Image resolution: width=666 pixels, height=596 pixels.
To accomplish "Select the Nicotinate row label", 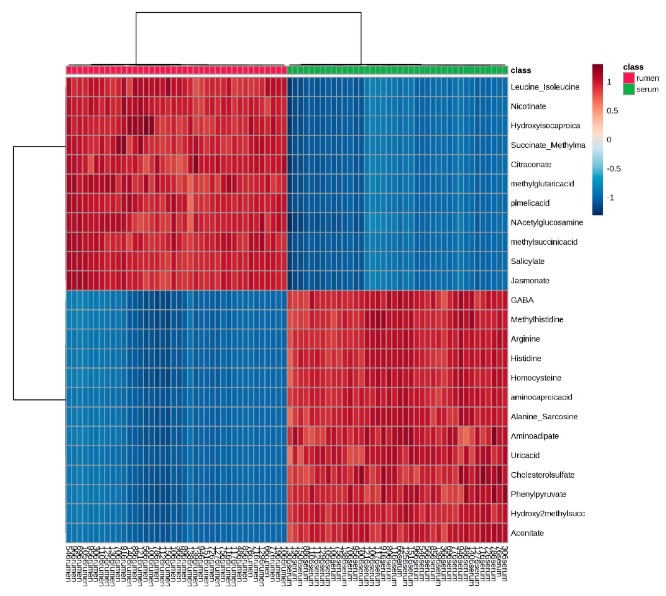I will [528, 106].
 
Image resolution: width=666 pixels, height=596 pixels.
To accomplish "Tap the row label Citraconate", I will [531, 164].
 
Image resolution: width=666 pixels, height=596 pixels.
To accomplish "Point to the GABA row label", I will [522, 300].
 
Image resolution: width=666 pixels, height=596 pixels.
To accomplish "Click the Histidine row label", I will [526, 358].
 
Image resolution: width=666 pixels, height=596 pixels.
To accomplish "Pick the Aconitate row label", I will [527, 533].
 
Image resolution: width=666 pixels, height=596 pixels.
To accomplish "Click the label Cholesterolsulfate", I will [542, 475].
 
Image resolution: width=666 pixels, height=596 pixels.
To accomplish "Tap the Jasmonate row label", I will [530, 280].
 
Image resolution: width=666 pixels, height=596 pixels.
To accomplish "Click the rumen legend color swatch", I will [628, 78].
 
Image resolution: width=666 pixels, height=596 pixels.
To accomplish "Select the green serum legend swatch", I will [628, 89].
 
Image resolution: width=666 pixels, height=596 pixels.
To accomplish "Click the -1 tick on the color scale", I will [610, 197].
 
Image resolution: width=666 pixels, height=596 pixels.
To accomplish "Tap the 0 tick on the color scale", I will [609, 139].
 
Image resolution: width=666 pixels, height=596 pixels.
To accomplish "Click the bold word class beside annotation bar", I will [521, 70].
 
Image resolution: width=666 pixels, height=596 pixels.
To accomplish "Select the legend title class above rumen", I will [633, 67].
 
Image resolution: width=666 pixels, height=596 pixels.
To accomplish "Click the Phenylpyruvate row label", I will [538, 494].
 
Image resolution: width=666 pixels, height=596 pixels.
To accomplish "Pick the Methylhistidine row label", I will [537, 319].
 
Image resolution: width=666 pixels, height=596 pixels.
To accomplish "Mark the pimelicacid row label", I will [530, 203].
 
